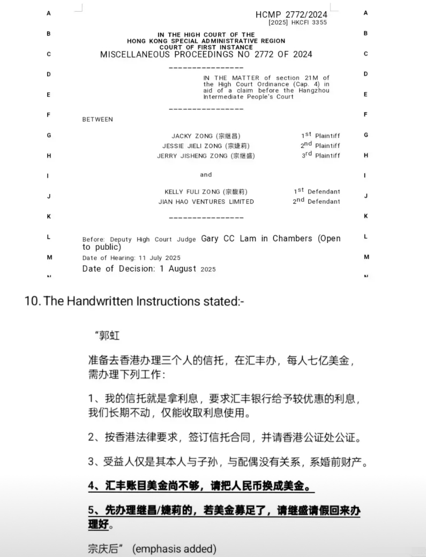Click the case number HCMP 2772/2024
(292, 14)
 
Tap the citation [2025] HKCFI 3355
(298, 23)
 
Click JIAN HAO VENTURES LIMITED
(206, 202)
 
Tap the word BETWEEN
(98, 120)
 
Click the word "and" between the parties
(206, 175)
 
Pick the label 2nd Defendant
(316, 201)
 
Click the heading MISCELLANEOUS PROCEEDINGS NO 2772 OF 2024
(206, 54)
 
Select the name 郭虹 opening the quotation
(110, 336)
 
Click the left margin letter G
(49, 135)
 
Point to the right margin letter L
(366, 236)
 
